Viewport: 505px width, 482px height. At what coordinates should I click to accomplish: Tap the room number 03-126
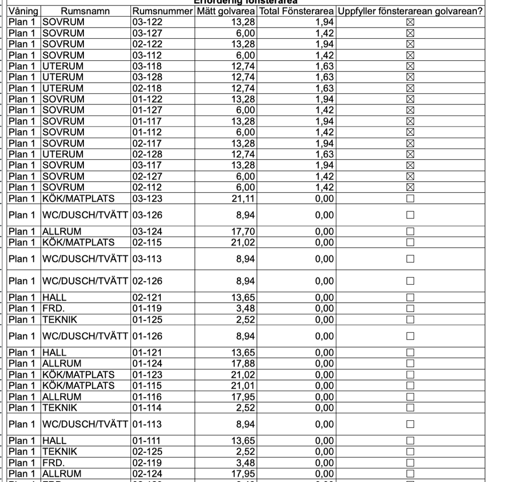pyautogui.click(x=147, y=215)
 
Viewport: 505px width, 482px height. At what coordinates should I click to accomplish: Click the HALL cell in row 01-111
pyautogui.click(x=54, y=441)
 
